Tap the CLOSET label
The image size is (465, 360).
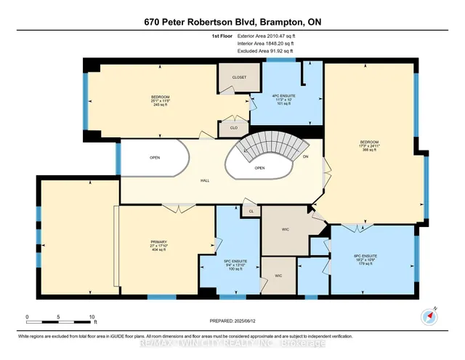coord(239,77)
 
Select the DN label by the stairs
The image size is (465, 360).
coord(305,156)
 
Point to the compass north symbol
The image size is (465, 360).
coord(426,316)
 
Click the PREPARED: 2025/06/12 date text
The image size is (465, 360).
coord(232,322)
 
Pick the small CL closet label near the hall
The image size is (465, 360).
coord(251,211)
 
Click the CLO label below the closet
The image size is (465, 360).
coord(233,128)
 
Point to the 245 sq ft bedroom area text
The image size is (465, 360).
coord(161,104)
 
